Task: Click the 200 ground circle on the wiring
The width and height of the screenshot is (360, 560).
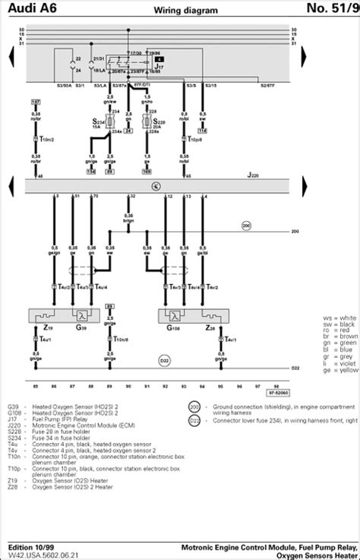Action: [245, 226]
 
